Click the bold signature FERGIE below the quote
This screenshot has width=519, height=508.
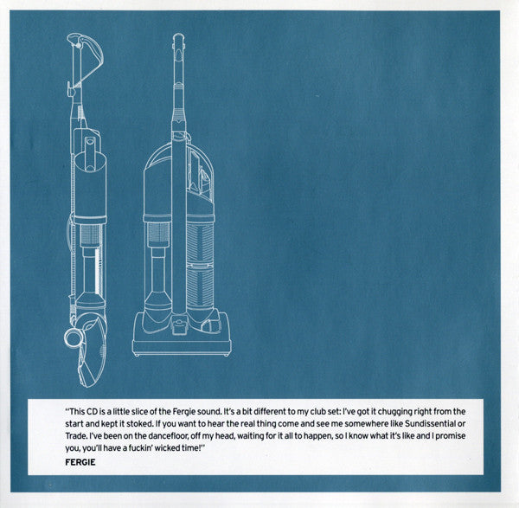click(x=80, y=462)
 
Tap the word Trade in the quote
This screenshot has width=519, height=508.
click(x=74, y=436)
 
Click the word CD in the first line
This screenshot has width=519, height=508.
click(x=93, y=412)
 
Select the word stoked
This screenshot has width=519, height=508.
click(x=139, y=423)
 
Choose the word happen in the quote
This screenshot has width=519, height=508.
click(x=317, y=436)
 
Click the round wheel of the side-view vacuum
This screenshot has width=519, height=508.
click(x=73, y=338)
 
